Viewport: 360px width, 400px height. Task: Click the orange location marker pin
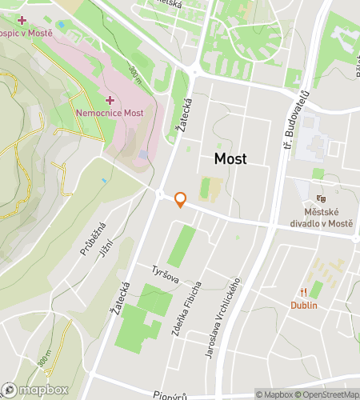pyautogui.click(x=180, y=200)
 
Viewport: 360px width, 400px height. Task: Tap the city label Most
pyautogui.click(x=230, y=158)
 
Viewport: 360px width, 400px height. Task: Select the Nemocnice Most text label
pyautogui.click(x=110, y=113)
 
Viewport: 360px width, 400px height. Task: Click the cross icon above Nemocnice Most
pyautogui.click(x=110, y=100)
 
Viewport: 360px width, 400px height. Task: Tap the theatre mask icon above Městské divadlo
pyautogui.click(x=322, y=198)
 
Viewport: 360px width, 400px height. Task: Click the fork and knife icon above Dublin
pyautogui.click(x=304, y=292)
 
